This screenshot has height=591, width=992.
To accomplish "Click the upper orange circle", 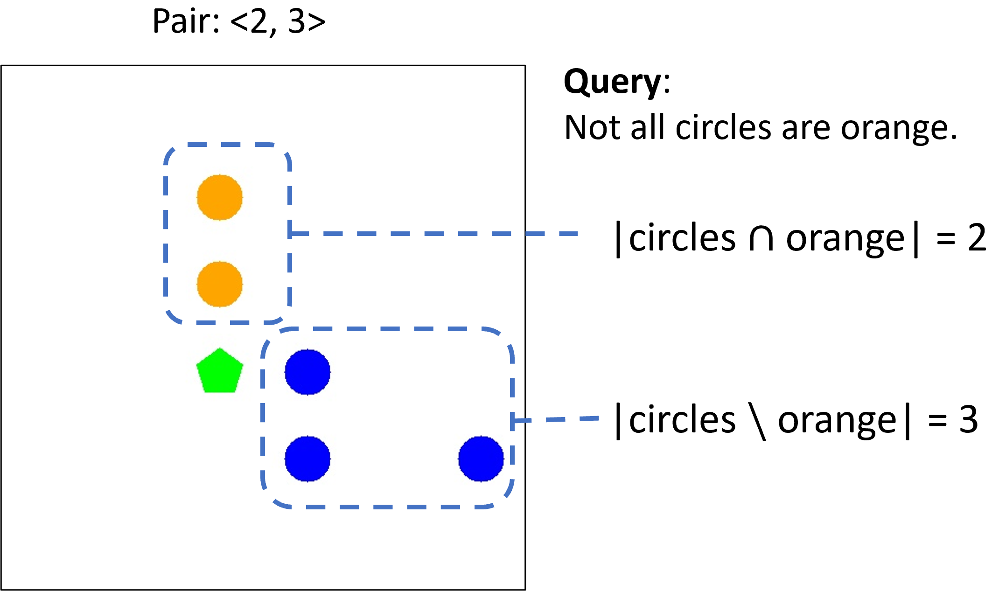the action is tap(220, 197).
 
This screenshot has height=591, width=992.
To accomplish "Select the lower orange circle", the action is tap(220, 284).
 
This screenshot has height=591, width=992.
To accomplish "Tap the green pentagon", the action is tap(220, 372).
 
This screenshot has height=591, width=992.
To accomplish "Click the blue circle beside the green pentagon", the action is tap(307, 372).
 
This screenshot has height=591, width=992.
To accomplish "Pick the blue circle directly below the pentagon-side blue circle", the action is tap(307, 459).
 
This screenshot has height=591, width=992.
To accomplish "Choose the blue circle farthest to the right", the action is tap(481, 459).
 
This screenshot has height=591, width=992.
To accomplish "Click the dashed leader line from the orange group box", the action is tap(434, 234).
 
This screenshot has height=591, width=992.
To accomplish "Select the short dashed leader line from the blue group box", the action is tap(555, 420).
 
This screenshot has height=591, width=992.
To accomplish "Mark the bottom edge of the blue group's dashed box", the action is tap(387, 507).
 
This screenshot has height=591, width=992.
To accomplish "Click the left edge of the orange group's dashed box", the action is tap(166, 233).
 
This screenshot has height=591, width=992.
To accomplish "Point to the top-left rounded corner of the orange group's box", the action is tap(171, 152).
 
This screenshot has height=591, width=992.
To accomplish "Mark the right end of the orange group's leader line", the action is tap(578, 234).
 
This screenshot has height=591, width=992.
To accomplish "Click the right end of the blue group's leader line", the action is tap(598, 418).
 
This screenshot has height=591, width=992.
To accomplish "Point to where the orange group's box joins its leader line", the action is tap(290, 234).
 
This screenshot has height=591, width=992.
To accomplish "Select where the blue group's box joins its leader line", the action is tap(513, 421).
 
